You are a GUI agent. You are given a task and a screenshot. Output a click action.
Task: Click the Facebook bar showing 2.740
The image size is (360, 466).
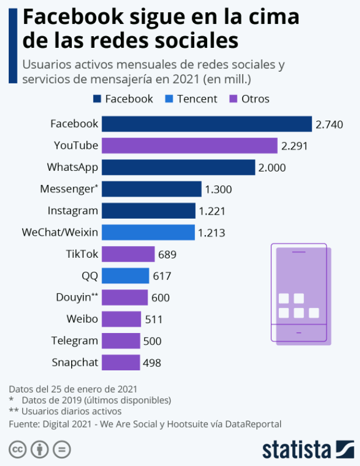[207, 124]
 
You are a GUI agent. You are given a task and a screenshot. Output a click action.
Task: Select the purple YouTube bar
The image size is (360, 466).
[190, 146]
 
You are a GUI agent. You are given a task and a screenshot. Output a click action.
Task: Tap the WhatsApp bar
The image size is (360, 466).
[179, 167]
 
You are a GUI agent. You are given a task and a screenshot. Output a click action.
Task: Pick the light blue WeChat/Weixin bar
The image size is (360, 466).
[148, 232]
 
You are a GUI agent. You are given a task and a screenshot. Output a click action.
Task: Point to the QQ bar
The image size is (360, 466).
[125, 275]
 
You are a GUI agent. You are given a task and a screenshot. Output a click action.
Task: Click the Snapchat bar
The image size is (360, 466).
[121, 362]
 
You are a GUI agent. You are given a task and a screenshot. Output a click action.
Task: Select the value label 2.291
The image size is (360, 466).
[294, 146]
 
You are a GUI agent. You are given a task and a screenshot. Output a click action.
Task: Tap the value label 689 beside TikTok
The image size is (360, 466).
[167, 254]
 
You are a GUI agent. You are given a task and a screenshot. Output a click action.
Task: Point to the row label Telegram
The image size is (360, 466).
[74, 341]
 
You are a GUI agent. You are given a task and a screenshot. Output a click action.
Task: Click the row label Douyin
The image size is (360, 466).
[73, 297]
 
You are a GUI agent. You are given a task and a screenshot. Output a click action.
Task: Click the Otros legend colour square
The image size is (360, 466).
[235, 99]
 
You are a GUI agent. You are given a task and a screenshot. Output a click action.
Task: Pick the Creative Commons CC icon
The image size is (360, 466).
[18, 450]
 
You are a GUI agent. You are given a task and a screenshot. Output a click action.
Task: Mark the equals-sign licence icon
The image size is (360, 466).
[62, 450]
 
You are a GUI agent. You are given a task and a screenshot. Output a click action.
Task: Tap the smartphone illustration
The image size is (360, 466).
[300, 293]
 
